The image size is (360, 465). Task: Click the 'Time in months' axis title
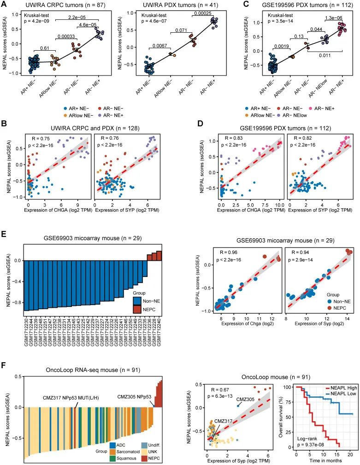point(324,461)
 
